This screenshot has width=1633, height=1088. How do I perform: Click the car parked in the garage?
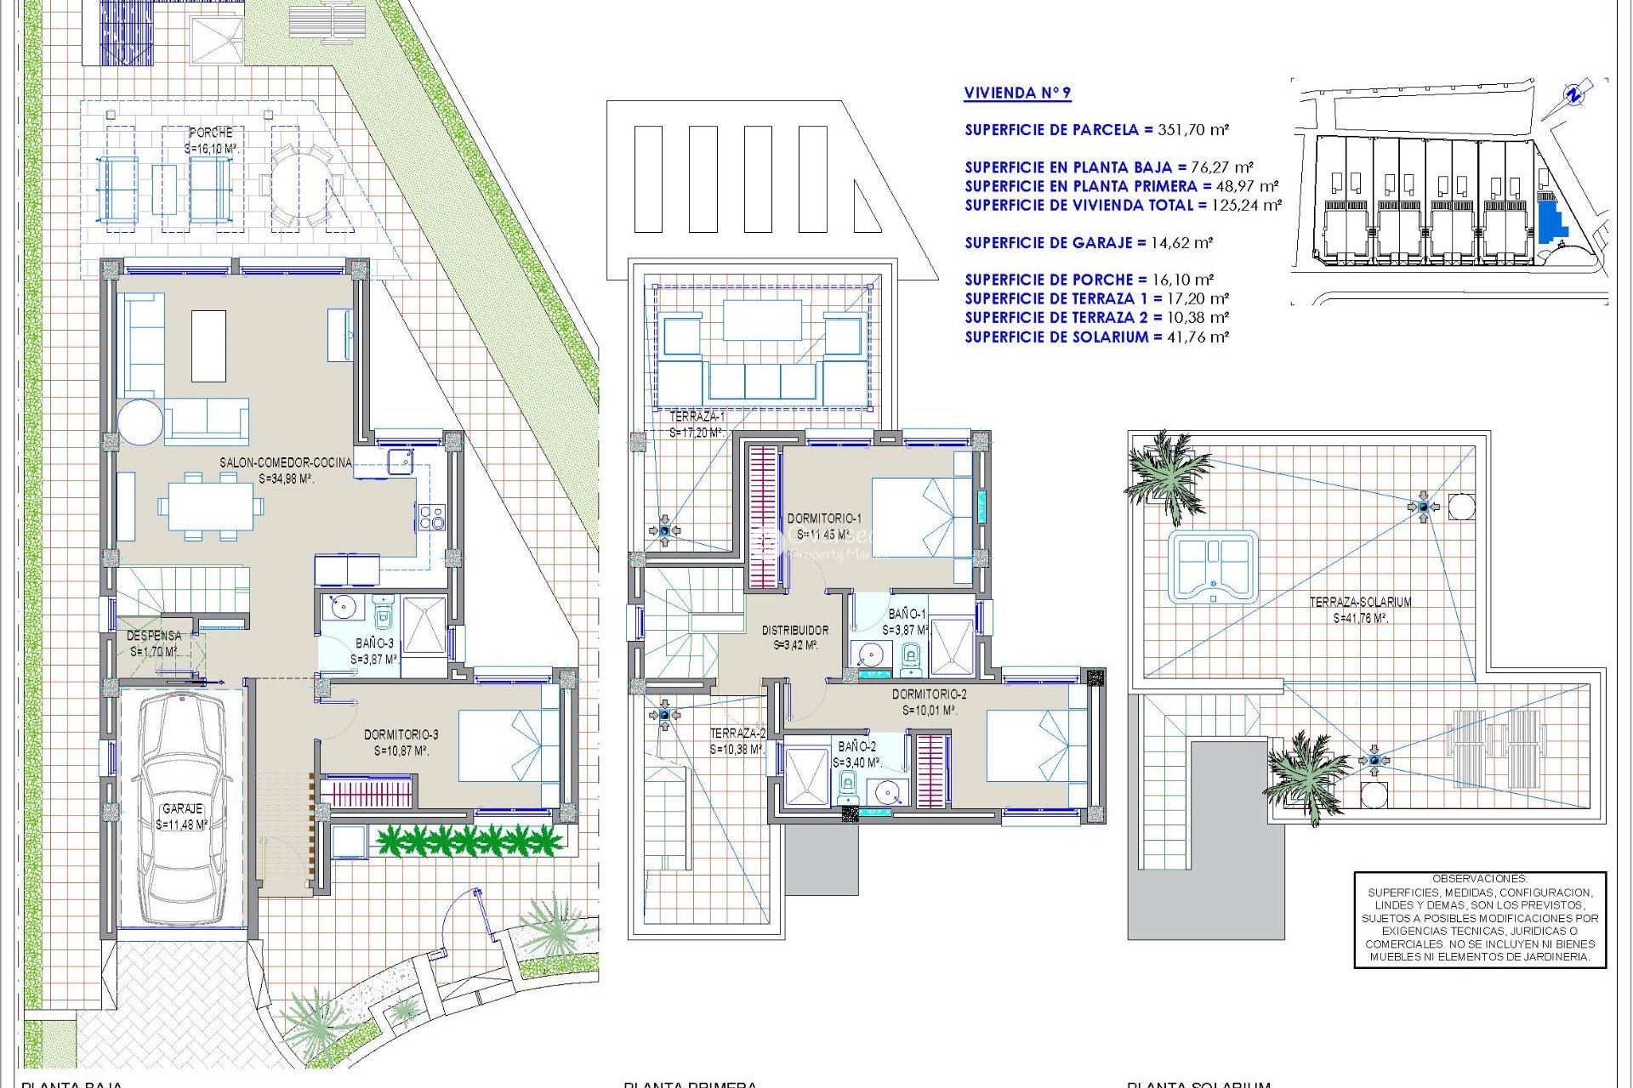coord(181,807)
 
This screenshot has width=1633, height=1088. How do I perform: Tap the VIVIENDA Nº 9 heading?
coord(1017,93)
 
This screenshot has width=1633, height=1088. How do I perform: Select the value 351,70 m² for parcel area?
coord(1193,130)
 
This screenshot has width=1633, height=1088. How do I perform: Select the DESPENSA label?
coord(154,636)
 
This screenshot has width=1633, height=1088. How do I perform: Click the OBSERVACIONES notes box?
coord(1479,919)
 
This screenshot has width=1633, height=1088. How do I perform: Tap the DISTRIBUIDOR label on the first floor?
coord(794,631)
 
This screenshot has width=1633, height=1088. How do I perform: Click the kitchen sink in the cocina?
coord(400,462)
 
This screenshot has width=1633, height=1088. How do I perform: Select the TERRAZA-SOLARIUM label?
coord(1360,602)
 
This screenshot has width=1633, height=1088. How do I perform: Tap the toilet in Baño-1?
coord(910,656)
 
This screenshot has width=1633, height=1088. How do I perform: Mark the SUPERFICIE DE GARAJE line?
coord(1088,243)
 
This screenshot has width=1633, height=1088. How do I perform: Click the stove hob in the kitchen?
coord(431,517)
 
